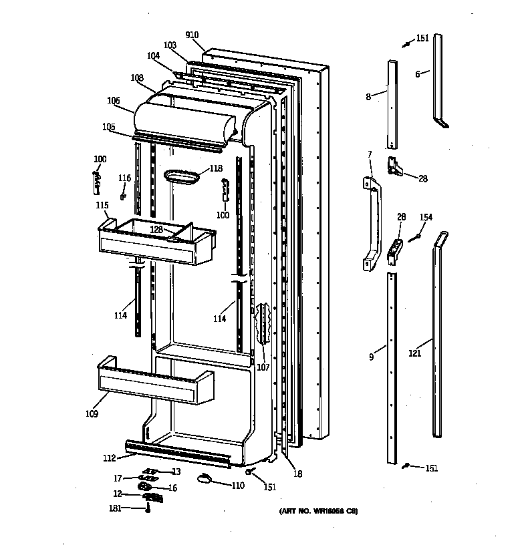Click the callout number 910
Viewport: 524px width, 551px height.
coord(192,35)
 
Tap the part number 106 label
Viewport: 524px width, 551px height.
coord(113,101)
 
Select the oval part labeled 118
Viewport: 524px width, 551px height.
coord(182,175)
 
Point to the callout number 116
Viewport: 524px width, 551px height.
coord(125,178)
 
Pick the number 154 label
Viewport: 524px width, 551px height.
coord(426,218)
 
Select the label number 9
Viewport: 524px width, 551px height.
coord(371,357)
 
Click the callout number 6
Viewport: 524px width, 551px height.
coord(418,74)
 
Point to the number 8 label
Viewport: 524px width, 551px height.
coord(368,97)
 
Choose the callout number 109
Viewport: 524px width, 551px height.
coord(92,414)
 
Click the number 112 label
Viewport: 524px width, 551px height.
coord(109,458)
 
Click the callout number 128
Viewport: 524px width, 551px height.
coord(156,229)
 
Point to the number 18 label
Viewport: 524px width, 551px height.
coord(297,474)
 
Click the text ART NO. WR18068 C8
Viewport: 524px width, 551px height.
coord(318,512)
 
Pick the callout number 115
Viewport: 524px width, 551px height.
coord(102,205)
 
